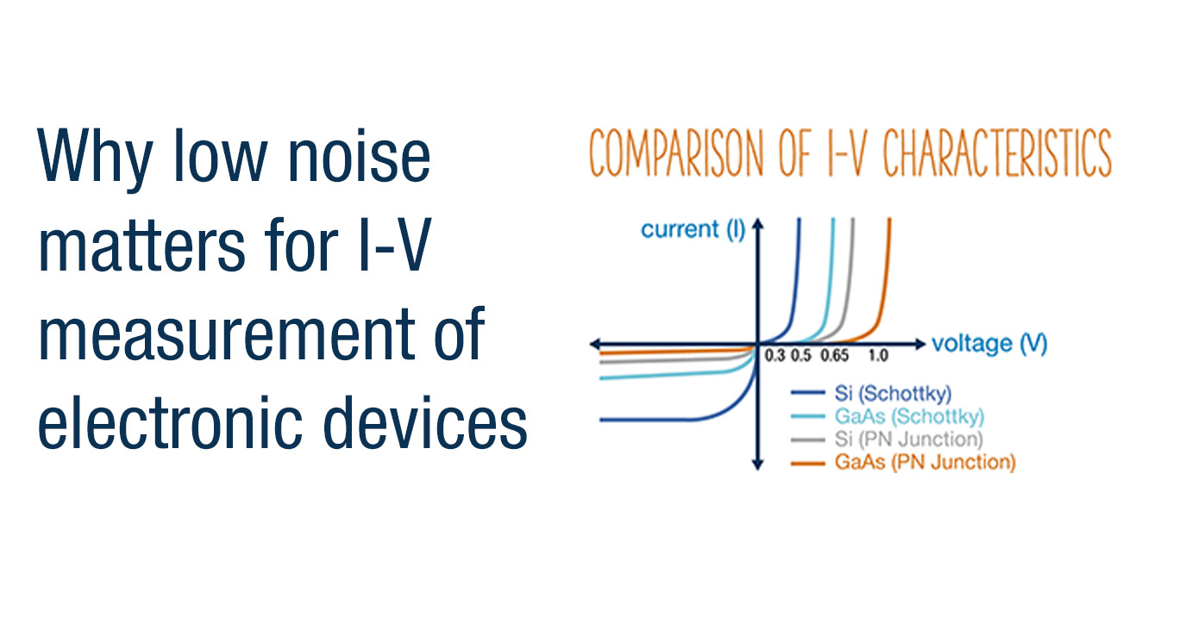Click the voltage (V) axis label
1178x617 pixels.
pos(989,345)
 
